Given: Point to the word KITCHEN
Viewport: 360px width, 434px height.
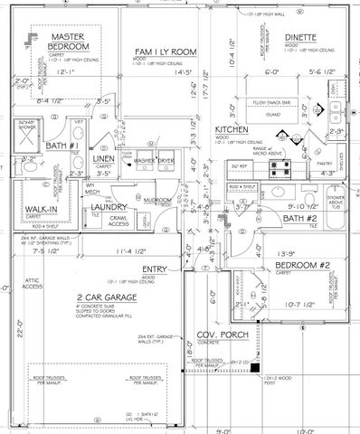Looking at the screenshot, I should pyautogui.click(x=232, y=130).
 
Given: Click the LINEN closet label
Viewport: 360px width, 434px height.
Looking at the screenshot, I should pyautogui.click(x=104, y=159).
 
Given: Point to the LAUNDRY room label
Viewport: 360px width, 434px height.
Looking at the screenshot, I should pyautogui.click(x=108, y=207).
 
